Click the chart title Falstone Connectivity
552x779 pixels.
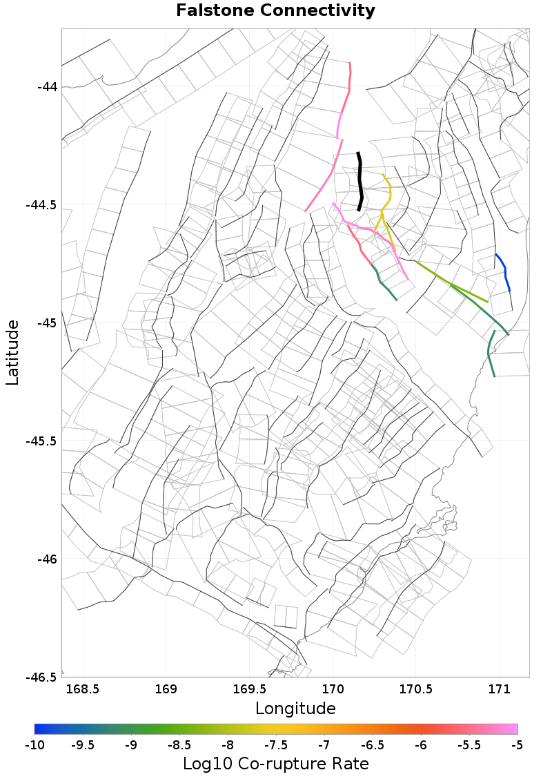pos(275,10)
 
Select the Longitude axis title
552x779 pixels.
pos(295,708)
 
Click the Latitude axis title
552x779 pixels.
pos(12,352)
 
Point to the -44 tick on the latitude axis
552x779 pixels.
pos(48,87)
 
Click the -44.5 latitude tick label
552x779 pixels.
pos(42,205)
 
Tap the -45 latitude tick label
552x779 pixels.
pos(48,323)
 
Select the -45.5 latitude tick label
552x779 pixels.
pos(42,441)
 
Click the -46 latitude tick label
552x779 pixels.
pos(48,559)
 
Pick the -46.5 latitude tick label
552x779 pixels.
pos(42,677)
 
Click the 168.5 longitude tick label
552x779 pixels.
pos(83,689)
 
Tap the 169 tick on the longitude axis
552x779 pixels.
pos(166,689)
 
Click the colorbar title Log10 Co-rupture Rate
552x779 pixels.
pos(275,764)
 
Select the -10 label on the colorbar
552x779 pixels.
pos(34,744)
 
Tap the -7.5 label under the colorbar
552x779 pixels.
pos(276,744)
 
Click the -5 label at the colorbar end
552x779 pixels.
pos(517,744)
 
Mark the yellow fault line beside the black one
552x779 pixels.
pos(388,193)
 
